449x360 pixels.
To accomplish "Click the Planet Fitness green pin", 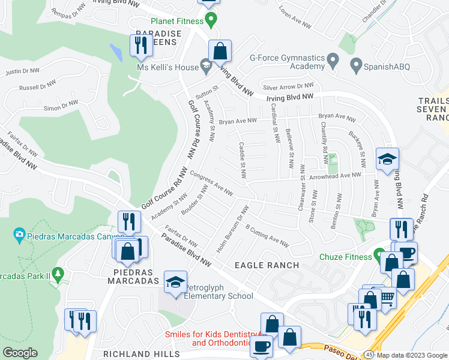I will [210, 22].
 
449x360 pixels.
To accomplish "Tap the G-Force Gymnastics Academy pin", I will [334, 62].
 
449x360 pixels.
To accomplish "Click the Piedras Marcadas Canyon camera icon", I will [20, 234].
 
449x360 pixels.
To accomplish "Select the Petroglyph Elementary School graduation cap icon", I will [175, 282].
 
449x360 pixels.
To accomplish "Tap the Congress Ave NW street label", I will [211, 184].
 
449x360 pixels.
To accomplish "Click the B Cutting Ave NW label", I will [267, 236].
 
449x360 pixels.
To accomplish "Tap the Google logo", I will [20, 353].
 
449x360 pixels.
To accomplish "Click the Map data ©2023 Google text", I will [412, 355].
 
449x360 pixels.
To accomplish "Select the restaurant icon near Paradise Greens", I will [140, 46].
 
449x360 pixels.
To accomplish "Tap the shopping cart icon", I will [388, 298].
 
